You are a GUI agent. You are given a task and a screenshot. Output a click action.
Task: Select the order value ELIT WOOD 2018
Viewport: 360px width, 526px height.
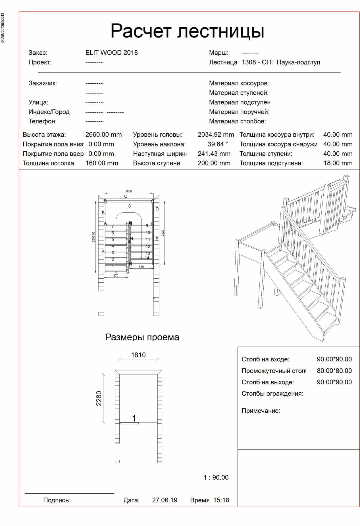pos(111,53)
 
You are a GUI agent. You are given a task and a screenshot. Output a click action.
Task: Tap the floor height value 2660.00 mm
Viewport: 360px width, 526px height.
pos(103,134)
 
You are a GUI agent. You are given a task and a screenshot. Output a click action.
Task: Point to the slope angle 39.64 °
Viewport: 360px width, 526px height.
pos(218,144)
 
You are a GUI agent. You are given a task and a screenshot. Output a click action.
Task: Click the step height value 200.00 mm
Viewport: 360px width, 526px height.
pos(214,163)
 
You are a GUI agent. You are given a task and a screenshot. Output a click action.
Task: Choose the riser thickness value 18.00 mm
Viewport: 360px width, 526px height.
pos(338,163)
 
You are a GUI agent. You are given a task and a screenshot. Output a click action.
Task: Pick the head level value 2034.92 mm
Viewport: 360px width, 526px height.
pos(216,134)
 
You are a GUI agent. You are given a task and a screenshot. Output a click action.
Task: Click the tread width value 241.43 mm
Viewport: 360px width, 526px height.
pos(214,154)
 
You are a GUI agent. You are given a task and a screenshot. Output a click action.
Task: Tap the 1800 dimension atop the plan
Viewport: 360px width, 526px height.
pos(129,191)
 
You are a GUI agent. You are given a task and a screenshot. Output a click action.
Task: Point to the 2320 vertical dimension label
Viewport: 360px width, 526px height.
pos(163,233)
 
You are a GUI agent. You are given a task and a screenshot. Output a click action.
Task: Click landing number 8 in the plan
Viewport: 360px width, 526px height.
pos(130,206)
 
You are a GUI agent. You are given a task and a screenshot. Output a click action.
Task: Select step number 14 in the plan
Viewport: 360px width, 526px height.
pos(147,258)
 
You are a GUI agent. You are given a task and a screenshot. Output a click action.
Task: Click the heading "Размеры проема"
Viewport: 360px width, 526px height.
pos(142,337)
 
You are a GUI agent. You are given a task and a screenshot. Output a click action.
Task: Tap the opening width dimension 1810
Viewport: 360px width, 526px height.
pos(138,355)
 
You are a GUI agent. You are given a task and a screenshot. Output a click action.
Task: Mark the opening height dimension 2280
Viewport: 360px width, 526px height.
pos(99,398)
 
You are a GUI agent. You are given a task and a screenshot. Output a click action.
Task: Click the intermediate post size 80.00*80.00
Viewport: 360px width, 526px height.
pos(334,371)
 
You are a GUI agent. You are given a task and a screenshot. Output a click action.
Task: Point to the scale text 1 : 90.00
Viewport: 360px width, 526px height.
pos(216,477)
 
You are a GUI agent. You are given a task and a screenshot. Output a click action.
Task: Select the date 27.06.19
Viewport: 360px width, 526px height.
pos(165,500)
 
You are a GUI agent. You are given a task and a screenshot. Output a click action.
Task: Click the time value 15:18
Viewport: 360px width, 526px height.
pos(221,500)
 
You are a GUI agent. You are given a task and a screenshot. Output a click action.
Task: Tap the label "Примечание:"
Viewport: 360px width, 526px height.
pos(261,411)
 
